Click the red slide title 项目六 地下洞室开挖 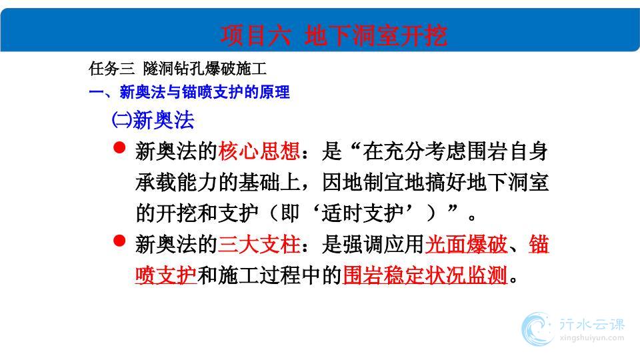point(333,35)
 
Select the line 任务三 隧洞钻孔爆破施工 point(177,69)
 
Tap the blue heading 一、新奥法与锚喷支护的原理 point(189,92)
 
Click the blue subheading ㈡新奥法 point(153,120)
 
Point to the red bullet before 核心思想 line point(119,147)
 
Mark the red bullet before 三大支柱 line point(119,241)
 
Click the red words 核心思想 point(259,151)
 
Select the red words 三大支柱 point(259,244)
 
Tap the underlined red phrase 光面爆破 point(466,244)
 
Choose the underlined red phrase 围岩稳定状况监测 point(425,275)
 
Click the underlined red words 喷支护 point(166,275)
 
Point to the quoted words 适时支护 point(363,213)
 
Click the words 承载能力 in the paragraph point(177,182)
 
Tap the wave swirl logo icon point(537,329)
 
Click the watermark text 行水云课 point(592,325)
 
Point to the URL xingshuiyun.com point(592,338)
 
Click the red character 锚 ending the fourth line point(539,244)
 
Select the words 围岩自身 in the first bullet point(508,151)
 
